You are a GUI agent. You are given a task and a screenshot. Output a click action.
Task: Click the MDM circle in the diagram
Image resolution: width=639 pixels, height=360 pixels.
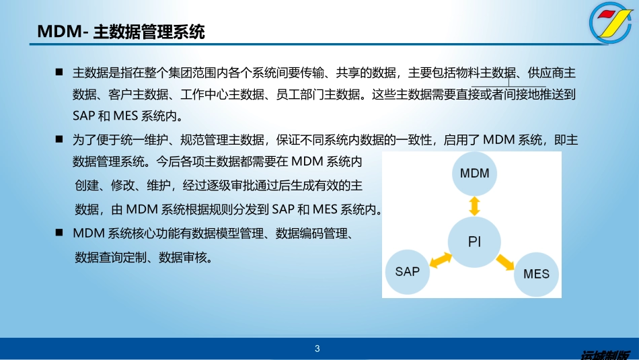point(474,174)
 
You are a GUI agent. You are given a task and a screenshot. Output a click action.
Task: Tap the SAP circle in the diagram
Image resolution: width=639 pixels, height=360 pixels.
point(407,272)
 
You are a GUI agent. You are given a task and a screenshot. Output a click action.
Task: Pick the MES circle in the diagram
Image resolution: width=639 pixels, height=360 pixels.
point(536,274)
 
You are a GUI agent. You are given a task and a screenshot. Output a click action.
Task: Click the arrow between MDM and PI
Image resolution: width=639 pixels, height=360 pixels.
point(474,205)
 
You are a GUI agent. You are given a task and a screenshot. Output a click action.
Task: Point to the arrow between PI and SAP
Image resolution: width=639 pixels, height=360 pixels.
point(440,258)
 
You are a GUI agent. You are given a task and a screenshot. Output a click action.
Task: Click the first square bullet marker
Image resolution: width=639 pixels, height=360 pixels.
point(59,72)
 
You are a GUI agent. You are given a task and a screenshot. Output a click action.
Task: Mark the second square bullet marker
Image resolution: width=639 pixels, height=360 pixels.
point(59,140)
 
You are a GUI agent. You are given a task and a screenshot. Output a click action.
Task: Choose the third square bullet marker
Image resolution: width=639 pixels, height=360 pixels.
point(59,233)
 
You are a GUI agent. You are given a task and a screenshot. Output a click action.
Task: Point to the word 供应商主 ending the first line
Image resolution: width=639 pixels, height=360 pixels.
point(556,73)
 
